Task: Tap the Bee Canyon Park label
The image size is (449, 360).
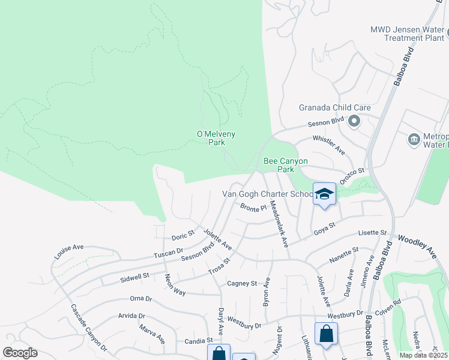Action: [286, 165]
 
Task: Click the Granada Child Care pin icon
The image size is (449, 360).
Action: [354, 122]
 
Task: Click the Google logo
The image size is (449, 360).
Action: [20, 353]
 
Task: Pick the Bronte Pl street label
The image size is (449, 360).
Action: [253, 208]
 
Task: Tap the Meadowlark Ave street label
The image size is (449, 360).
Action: [280, 223]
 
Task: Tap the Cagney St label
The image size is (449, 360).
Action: [242, 283]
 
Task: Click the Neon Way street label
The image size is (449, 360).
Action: [175, 284]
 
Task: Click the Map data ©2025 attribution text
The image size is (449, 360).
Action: [424, 355]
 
